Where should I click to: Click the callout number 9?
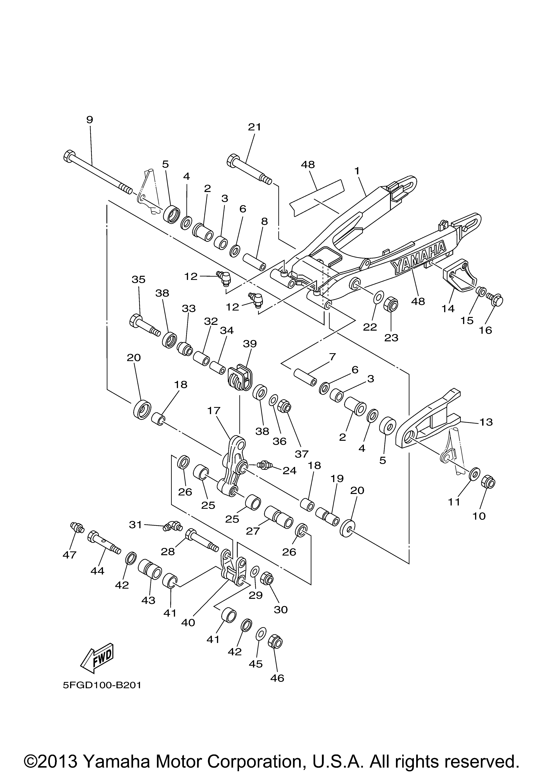click(x=89, y=120)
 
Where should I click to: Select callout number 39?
click(x=250, y=344)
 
